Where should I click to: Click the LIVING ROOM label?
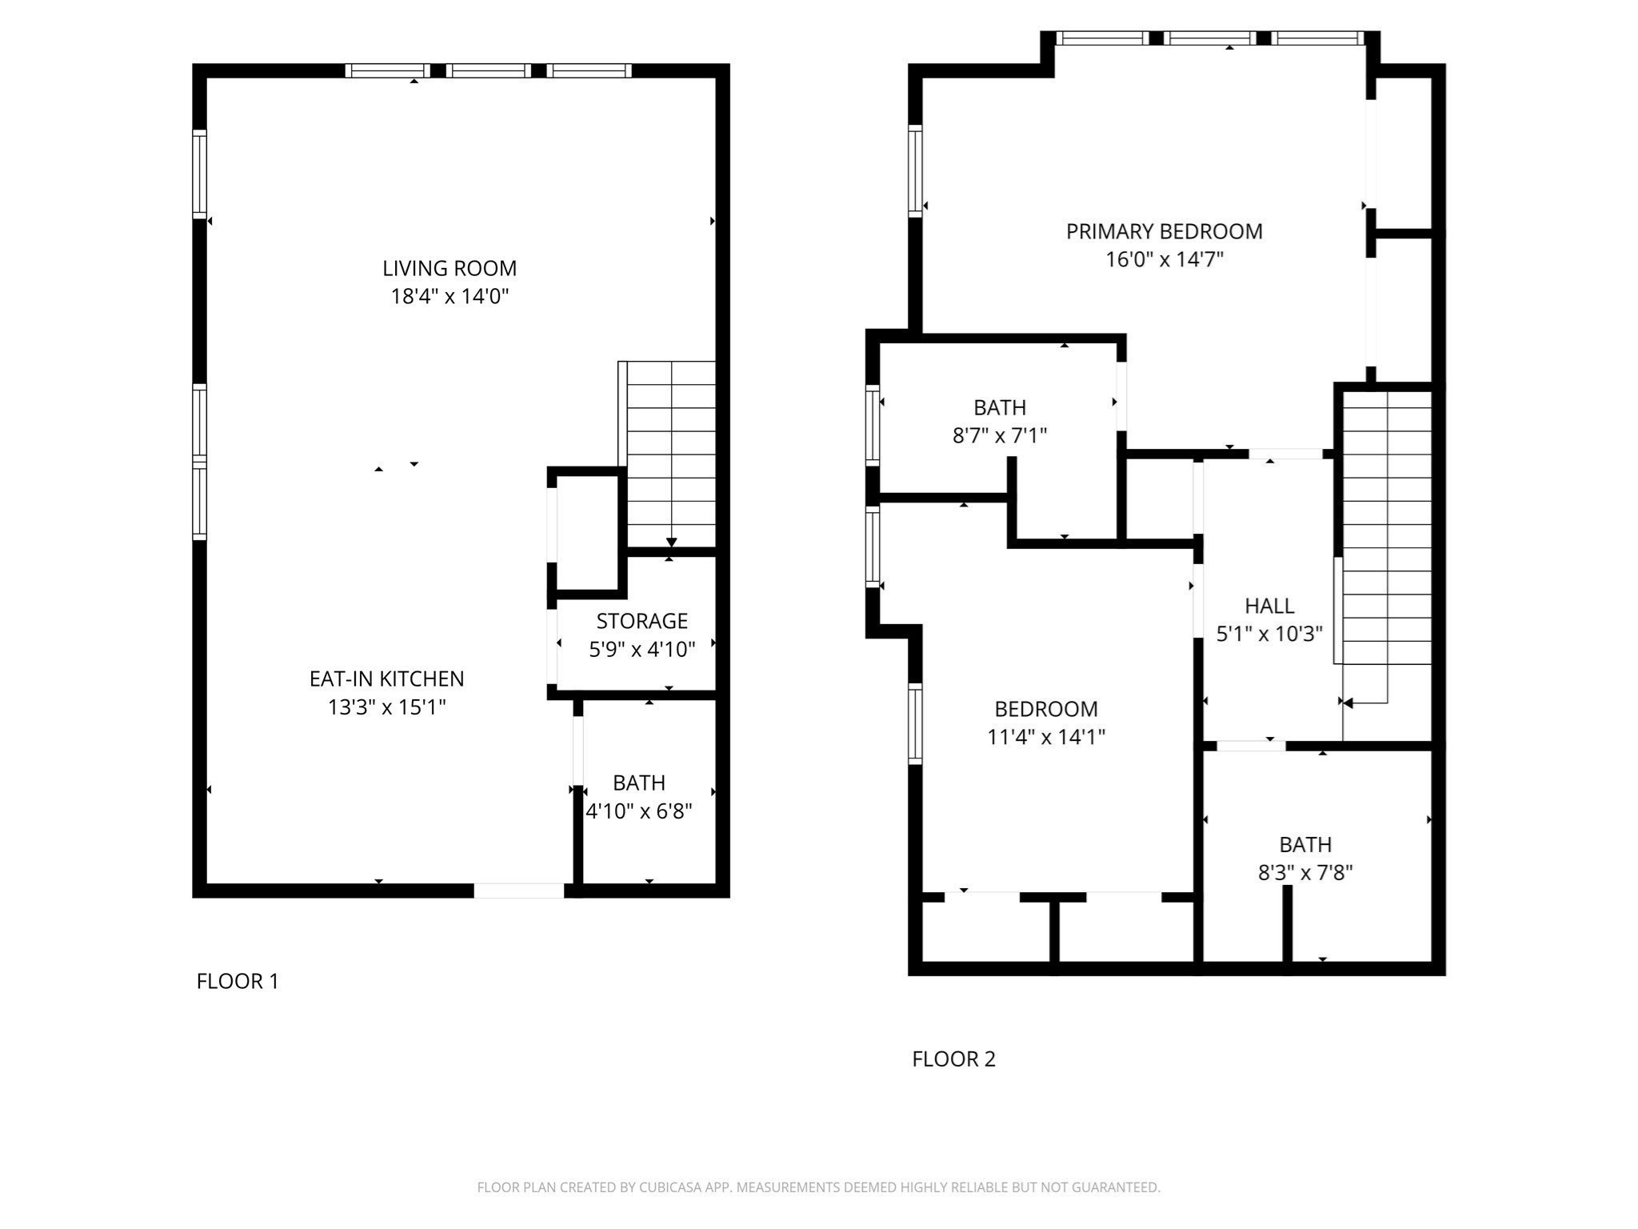click(x=449, y=268)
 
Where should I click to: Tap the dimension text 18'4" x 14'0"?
click(x=449, y=297)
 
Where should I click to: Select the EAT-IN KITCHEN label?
click(x=386, y=679)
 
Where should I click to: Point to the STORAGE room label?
click(x=641, y=621)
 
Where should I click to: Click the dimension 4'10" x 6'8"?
click(x=639, y=811)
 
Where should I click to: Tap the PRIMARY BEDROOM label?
click(x=1164, y=231)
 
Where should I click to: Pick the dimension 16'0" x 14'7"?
click(x=1164, y=260)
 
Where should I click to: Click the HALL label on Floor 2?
click(x=1269, y=606)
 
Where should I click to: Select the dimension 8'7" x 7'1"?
click(x=1000, y=436)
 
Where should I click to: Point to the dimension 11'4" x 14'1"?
click(x=1045, y=737)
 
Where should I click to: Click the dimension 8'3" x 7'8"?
click(x=1304, y=873)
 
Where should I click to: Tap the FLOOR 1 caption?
click(x=238, y=981)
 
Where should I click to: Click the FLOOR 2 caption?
click(x=953, y=1059)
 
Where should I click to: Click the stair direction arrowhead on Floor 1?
click(x=672, y=543)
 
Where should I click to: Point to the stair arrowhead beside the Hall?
click(x=1348, y=703)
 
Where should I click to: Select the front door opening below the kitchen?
click(x=519, y=891)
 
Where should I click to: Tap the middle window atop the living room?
click(x=488, y=71)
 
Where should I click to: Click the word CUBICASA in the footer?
click(x=670, y=1187)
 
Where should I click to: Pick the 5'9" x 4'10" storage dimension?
click(x=641, y=650)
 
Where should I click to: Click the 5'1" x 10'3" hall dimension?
click(x=1269, y=635)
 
